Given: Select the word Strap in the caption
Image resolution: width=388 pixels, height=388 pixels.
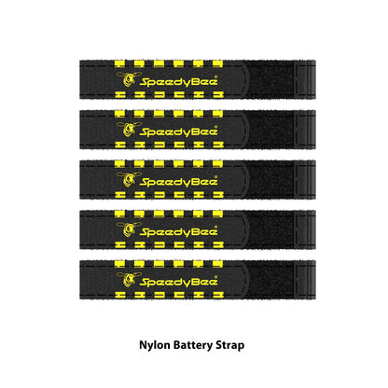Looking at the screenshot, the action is coord(230,345).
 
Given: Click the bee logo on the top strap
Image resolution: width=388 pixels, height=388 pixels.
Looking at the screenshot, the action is coord(128,79).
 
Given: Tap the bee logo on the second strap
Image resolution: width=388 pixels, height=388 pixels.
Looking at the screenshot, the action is coord(128,130).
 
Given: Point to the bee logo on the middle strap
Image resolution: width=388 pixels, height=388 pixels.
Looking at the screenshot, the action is coord(128,179).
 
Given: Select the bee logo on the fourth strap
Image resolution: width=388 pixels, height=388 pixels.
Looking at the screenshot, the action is coord(128,229).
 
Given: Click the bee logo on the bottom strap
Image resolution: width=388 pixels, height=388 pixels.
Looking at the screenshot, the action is coord(128,280).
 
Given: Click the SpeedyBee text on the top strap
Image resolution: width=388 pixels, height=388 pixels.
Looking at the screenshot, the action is coord(179,81).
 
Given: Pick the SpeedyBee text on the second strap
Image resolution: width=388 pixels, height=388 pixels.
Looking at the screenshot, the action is coord(179,132).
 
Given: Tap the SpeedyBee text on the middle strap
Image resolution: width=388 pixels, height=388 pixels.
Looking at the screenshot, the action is coord(179,182).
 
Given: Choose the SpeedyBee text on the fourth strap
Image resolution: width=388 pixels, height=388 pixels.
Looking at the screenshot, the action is coord(179,231).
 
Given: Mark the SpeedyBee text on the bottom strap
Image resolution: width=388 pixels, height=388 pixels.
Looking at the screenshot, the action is coord(179,282).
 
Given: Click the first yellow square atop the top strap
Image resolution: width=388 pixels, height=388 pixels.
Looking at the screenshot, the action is coord(119,63).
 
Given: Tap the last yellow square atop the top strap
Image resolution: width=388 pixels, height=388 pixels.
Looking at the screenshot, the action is coord(217,63).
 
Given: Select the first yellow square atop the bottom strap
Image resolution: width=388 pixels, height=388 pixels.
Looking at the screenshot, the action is coord(119,264).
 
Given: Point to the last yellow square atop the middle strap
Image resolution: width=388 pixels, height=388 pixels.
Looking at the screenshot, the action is coord(217,164).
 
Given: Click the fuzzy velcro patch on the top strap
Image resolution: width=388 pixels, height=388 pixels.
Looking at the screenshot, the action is coord(271,79).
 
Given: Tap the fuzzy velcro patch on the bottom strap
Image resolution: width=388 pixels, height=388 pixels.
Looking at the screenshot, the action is coord(271,280).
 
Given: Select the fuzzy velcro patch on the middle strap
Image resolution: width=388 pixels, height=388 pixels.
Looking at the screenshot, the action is coord(271,179).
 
